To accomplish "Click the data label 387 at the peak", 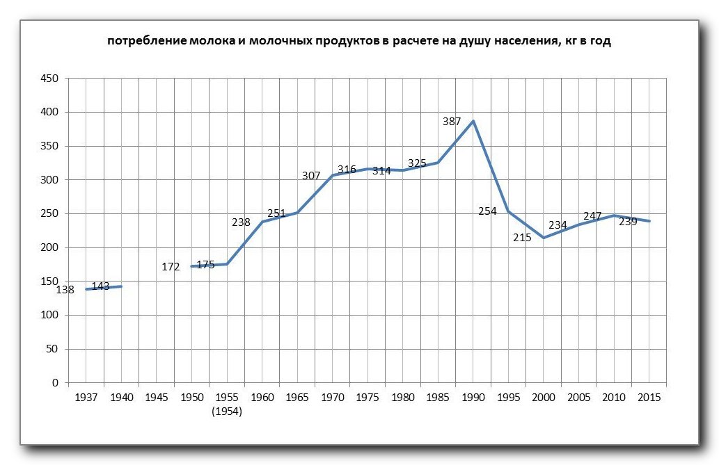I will (x=452, y=122).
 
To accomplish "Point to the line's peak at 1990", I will (x=473, y=121).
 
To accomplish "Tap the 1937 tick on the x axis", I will (x=86, y=398).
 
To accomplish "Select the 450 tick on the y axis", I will (x=49, y=79).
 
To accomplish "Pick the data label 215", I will (x=522, y=238).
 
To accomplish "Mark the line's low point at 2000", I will (x=544, y=238).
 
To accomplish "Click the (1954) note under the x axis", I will (x=227, y=411).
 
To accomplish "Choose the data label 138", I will (x=65, y=290).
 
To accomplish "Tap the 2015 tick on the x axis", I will (x=649, y=398).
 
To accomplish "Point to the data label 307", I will (x=311, y=176).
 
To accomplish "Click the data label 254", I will (x=487, y=211).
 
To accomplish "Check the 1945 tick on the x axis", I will (x=157, y=398).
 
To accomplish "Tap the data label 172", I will (x=171, y=266).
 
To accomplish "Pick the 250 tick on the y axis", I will (x=49, y=214).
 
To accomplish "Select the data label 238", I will (x=241, y=222).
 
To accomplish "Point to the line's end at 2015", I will (x=649, y=221).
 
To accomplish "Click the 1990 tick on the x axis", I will (x=473, y=398).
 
